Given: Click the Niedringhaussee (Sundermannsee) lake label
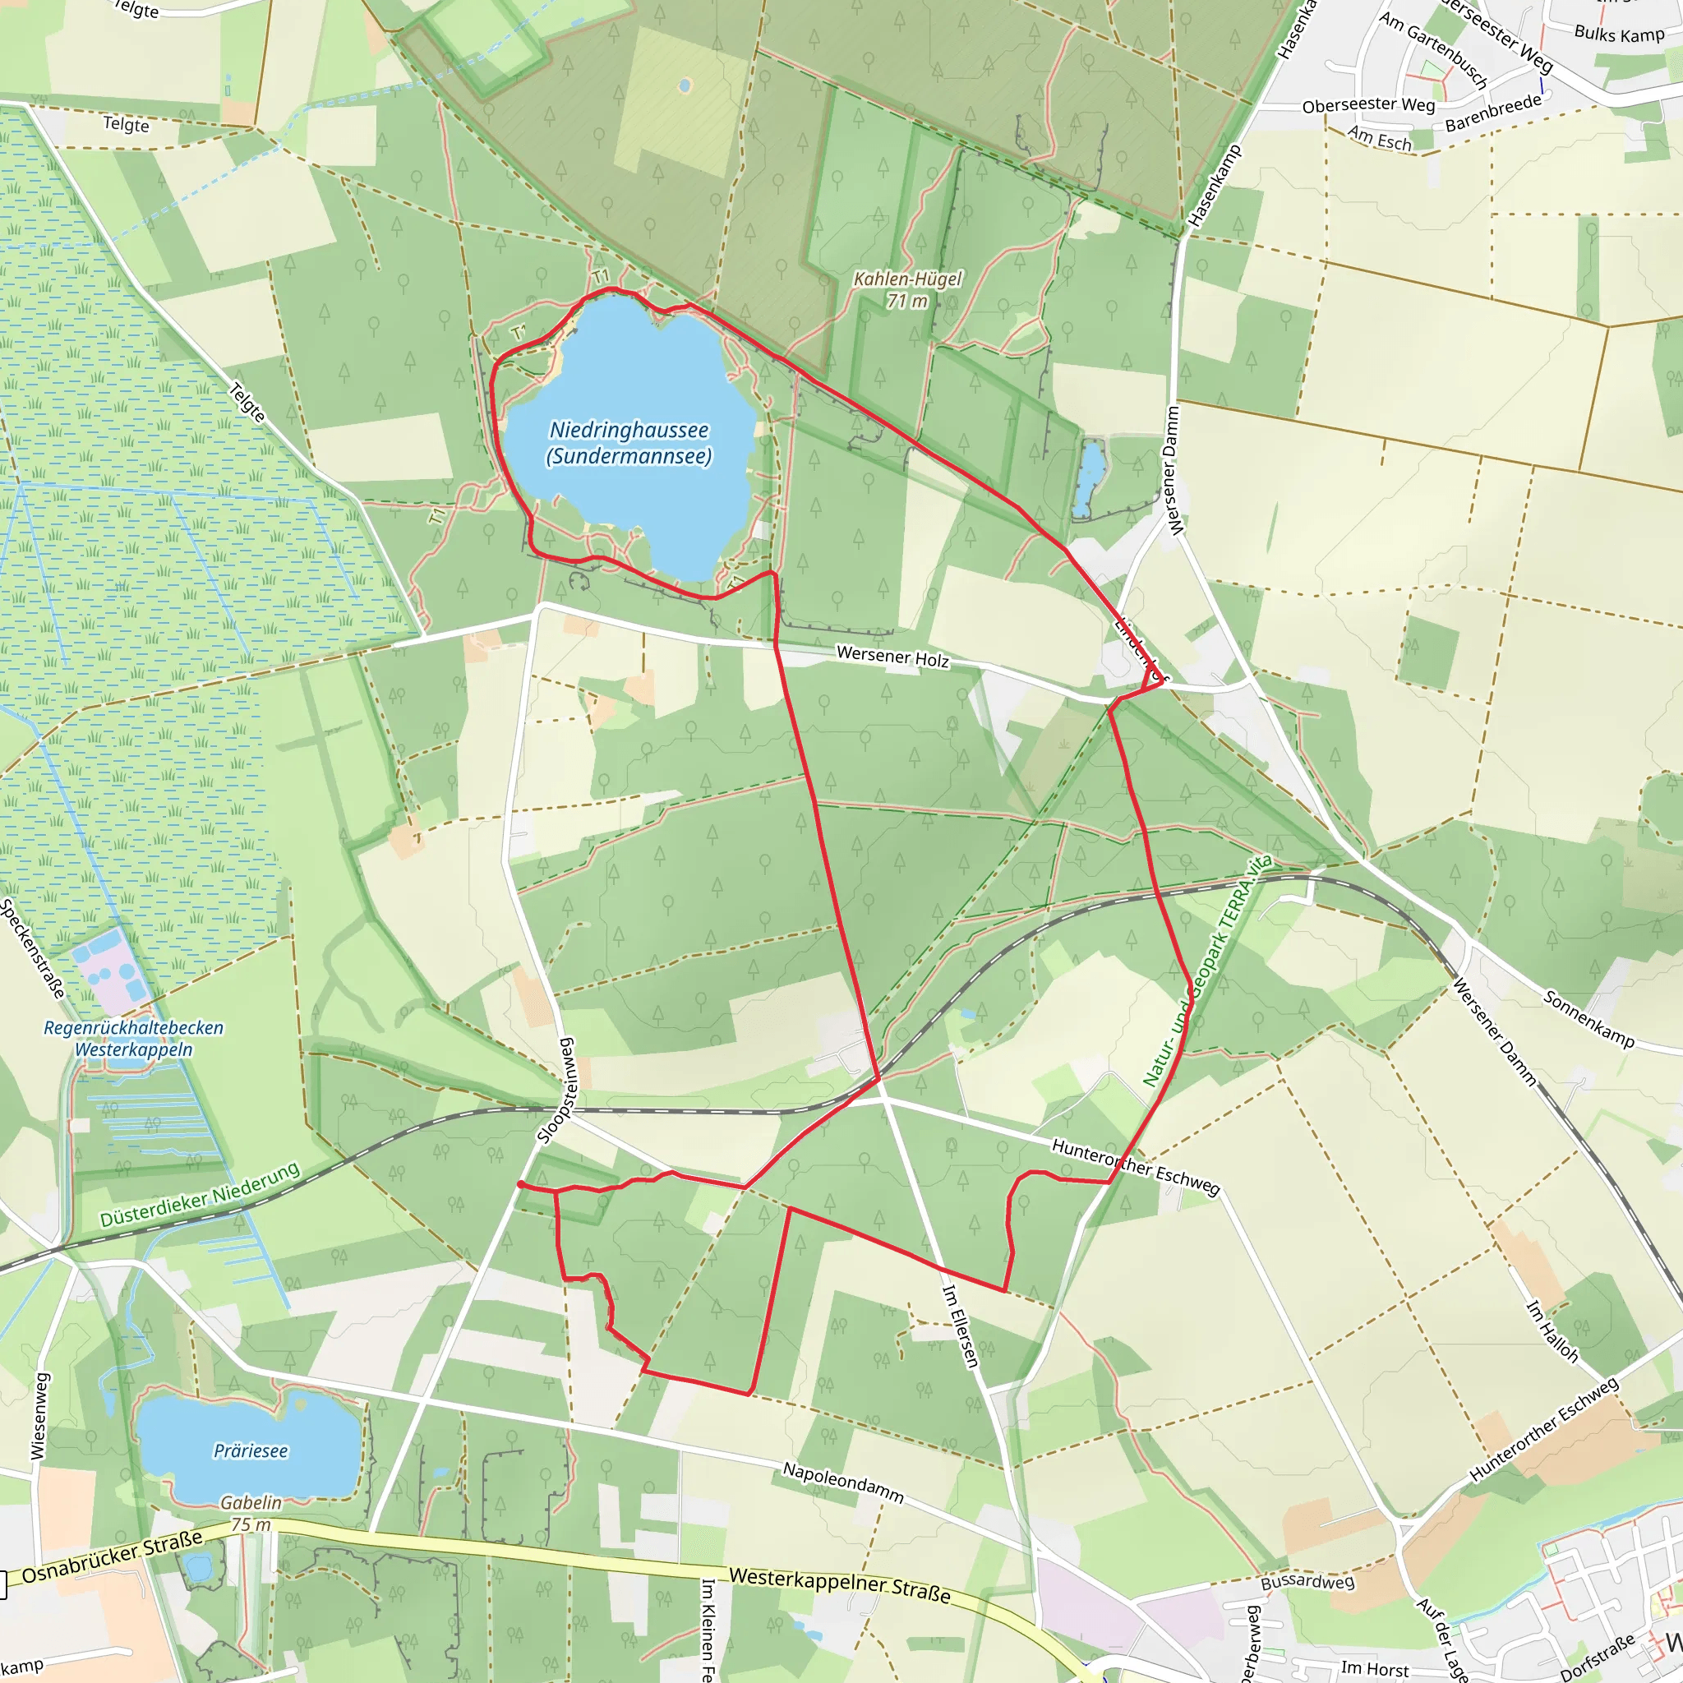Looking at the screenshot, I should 629,443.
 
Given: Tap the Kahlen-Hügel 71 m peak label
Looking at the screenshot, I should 907,290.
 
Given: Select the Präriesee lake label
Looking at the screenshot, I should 251,1450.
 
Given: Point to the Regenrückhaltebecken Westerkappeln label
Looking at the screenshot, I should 133,1039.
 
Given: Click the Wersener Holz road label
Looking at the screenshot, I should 892,657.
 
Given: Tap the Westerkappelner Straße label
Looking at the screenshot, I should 839,1584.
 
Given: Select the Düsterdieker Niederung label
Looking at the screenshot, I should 200,1195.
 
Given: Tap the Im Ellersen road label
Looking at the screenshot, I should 961,1326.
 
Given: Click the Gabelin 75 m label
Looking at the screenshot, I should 251,1513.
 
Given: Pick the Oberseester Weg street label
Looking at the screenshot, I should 1367,105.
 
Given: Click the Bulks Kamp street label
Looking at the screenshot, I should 1619,34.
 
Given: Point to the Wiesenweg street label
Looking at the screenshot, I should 39,1417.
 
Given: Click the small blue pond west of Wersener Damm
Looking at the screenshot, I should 1090,478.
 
